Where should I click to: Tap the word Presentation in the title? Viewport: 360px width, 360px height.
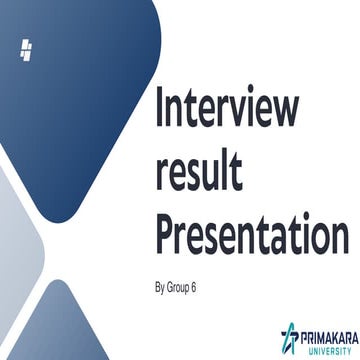coord(252,238)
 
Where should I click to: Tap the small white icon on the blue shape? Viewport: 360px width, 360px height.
coord(26,49)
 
